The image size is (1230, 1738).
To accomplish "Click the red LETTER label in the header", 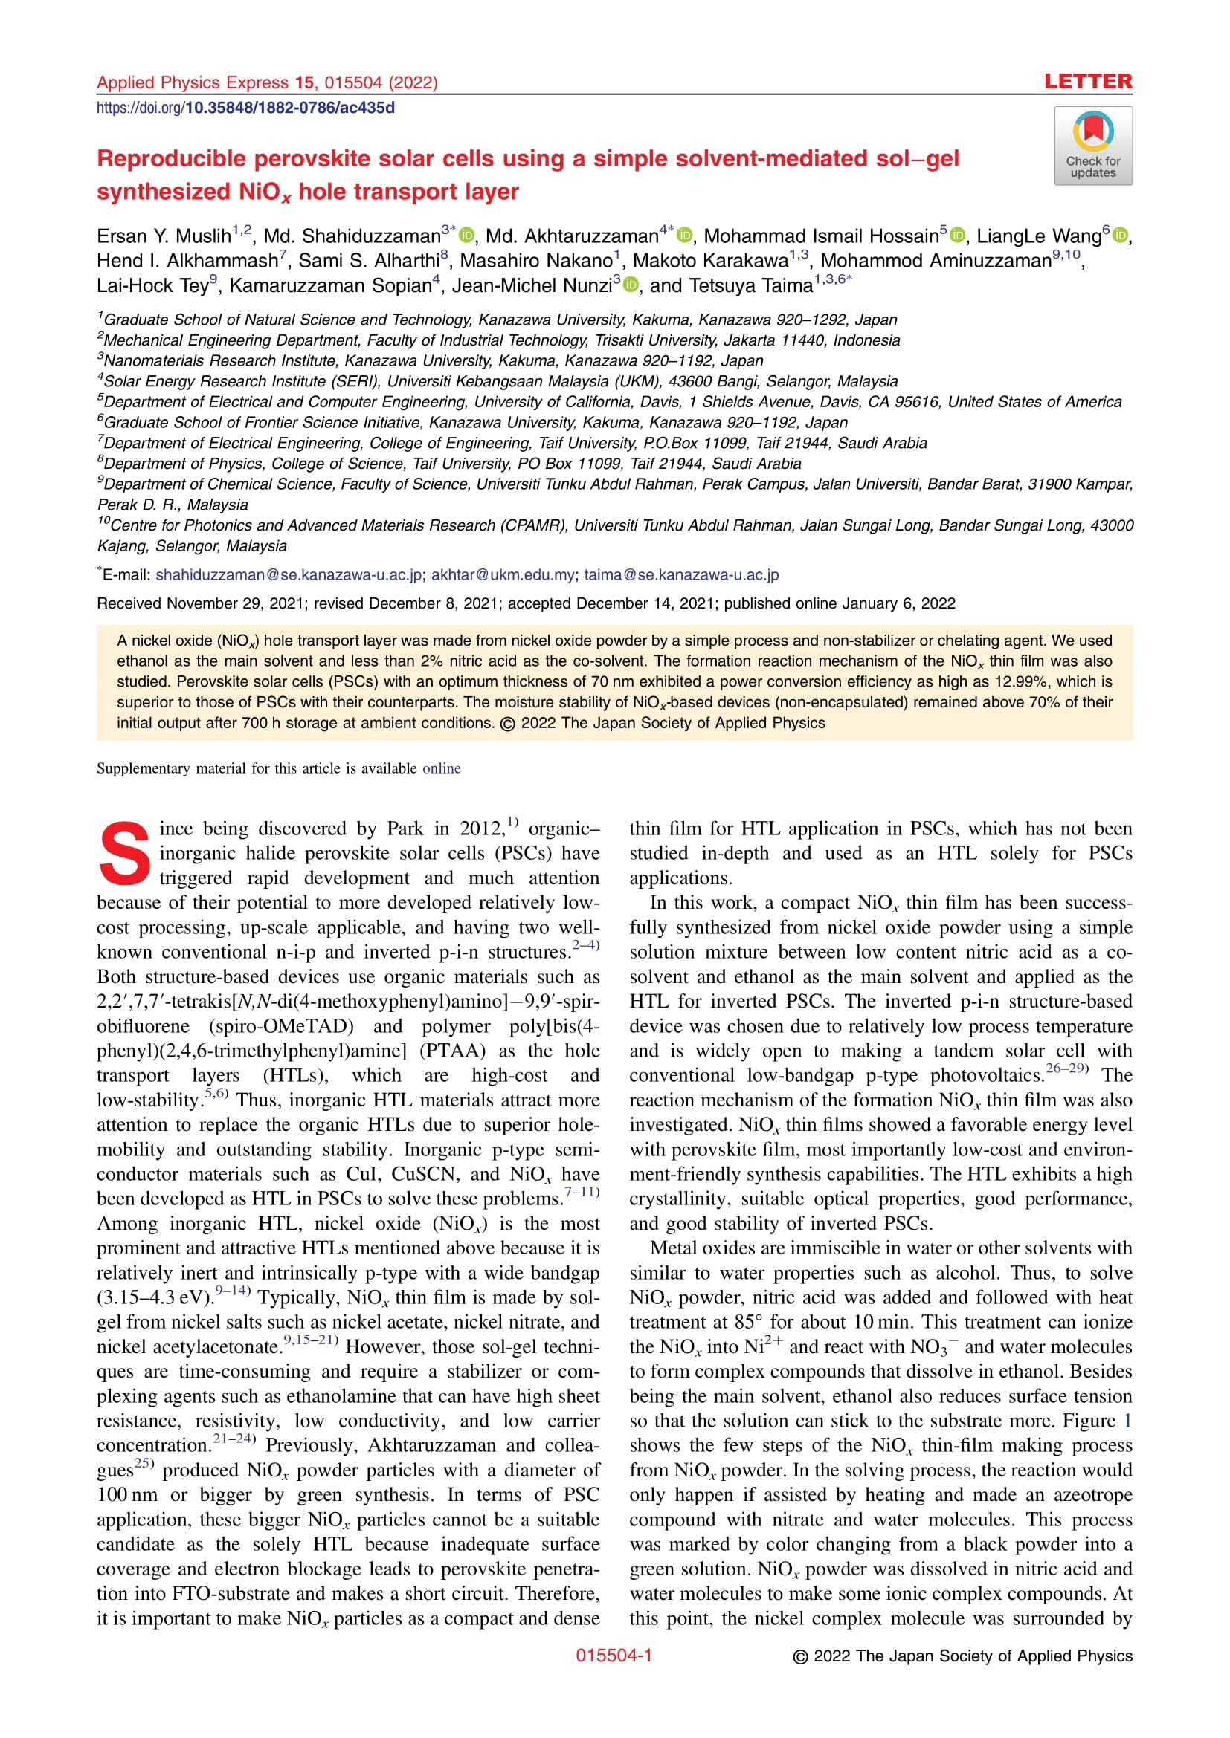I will click(x=1088, y=82).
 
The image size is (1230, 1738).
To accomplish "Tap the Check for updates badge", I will click(x=1093, y=146).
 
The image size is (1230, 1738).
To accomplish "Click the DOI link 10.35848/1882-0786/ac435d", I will click(x=289, y=108).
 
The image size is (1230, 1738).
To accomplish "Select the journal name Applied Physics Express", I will click(x=193, y=82).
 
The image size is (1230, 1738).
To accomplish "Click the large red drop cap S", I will click(x=125, y=853).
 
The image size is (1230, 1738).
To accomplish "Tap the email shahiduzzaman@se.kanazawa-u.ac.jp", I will click(x=289, y=575).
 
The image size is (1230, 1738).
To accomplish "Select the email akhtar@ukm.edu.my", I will click(x=503, y=575).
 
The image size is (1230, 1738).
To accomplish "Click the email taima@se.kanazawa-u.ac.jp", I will click(x=681, y=575).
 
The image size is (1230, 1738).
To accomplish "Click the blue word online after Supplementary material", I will click(x=442, y=768).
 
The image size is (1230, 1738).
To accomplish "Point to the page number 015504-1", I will click(x=614, y=1656).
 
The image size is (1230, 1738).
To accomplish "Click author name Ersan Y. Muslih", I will click(x=164, y=237).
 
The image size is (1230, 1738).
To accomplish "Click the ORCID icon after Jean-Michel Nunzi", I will click(x=630, y=285).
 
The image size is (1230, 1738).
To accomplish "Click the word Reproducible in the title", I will click(x=170, y=159).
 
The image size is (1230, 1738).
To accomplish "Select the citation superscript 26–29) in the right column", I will click(x=1066, y=1069).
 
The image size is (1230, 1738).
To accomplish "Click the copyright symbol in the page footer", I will click(x=801, y=1656).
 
